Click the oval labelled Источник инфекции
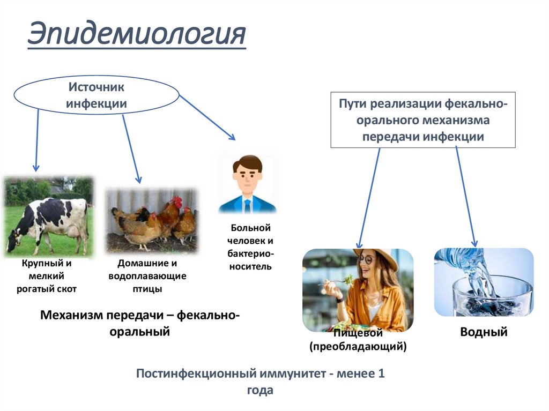[x=97, y=95]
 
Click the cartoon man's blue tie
[x=247, y=205]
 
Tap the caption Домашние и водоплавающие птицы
[x=147, y=277]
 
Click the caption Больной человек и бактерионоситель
[x=248, y=247]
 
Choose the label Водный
[x=484, y=332]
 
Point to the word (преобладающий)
[x=358, y=347]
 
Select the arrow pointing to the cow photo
[x=37, y=139]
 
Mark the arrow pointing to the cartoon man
[x=207, y=118]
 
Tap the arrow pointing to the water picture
[x=466, y=198]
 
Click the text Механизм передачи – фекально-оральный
[x=140, y=323]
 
